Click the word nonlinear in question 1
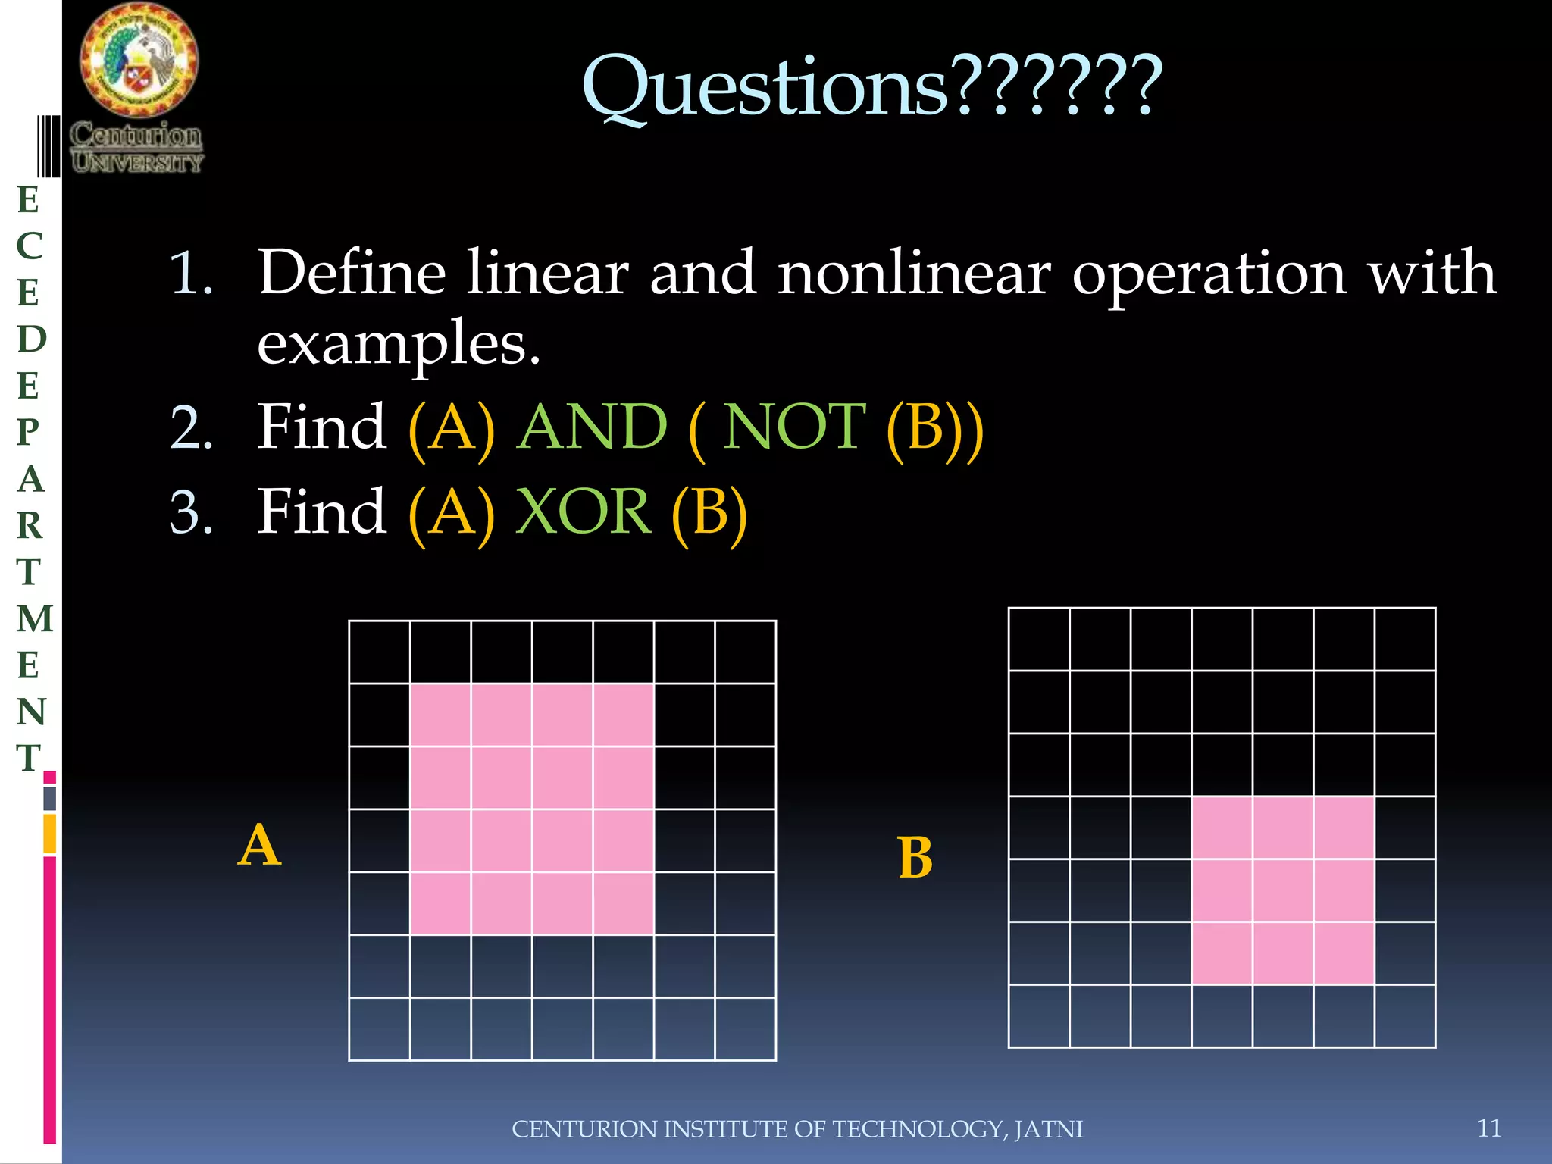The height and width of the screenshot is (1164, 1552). (914, 273)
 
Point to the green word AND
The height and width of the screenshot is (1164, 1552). (593, 427)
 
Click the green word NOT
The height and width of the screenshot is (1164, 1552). (793, 427)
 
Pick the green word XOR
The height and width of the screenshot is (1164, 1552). (583, 512)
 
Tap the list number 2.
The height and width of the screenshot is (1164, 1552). (190, 429)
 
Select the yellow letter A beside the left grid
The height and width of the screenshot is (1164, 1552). (259, 846)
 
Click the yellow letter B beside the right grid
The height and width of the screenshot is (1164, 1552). (915, 859)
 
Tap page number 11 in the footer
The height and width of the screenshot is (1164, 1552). (1489, 1128)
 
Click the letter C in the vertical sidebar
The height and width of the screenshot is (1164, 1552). (30, 246)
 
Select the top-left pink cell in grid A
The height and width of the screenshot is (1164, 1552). (440, 715)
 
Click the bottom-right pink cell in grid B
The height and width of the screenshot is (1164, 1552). (1344, 953)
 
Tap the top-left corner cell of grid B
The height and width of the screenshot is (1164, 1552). (1039, 640)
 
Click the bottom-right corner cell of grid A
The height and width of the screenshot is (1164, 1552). (745, 1029)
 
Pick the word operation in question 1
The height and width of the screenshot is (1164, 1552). (1209, 273)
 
